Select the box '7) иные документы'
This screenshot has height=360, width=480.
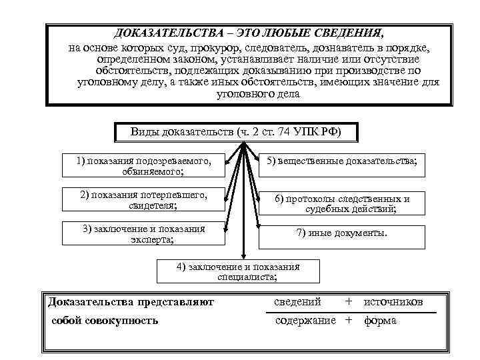coord(341,234)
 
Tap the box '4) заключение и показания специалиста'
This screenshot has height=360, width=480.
coord(238,271)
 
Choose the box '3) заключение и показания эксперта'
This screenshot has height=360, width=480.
coord(144,234)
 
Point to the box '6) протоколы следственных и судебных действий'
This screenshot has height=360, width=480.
coord(341,203)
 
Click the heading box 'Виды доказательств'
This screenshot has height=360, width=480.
coord(236,132)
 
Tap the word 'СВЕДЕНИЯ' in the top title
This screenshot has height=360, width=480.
coord(353,33)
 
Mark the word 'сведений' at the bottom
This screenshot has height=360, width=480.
coord(298,302)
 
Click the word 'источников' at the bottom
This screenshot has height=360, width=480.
coord(393,302)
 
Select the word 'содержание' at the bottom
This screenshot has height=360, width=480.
coord(306,321)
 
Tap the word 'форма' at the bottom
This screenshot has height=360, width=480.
coord(380,321)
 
